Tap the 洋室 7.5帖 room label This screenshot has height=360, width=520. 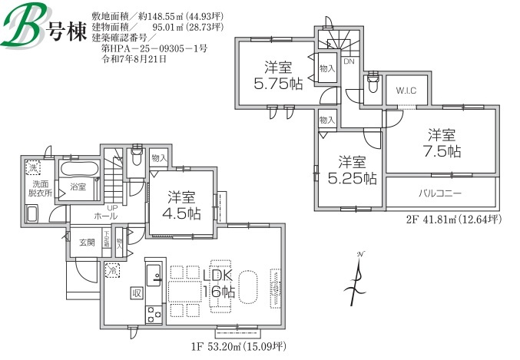tap(444, 141)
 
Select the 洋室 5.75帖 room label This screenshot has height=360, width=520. tap(278, 75)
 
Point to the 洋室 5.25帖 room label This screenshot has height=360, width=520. tap(353, 170)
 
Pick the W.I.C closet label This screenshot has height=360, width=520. tap(406, 91)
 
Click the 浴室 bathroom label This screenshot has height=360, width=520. tap(78, 187)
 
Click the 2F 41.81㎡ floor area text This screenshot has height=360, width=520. tap(453, 220)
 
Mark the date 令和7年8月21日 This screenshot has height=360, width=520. tap(134, 58)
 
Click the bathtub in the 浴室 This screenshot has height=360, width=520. tap(78, 170)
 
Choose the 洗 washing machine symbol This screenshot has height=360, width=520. tap(33, 167)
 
